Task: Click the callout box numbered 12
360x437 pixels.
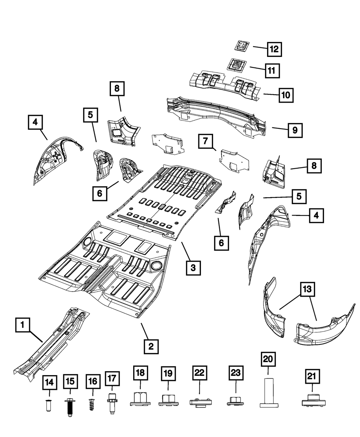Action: click(x=274, y=49)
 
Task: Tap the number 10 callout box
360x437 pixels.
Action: click(x=285, y=95)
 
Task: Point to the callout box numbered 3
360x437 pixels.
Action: click(x=193, y=267)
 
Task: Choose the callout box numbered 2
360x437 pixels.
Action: click(x=151, y=346)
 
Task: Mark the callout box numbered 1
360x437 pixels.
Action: click(x=22, y=326)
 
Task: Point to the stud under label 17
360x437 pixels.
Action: click(x=112, y=405)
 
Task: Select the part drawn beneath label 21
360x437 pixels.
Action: click(x=312, y=401)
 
